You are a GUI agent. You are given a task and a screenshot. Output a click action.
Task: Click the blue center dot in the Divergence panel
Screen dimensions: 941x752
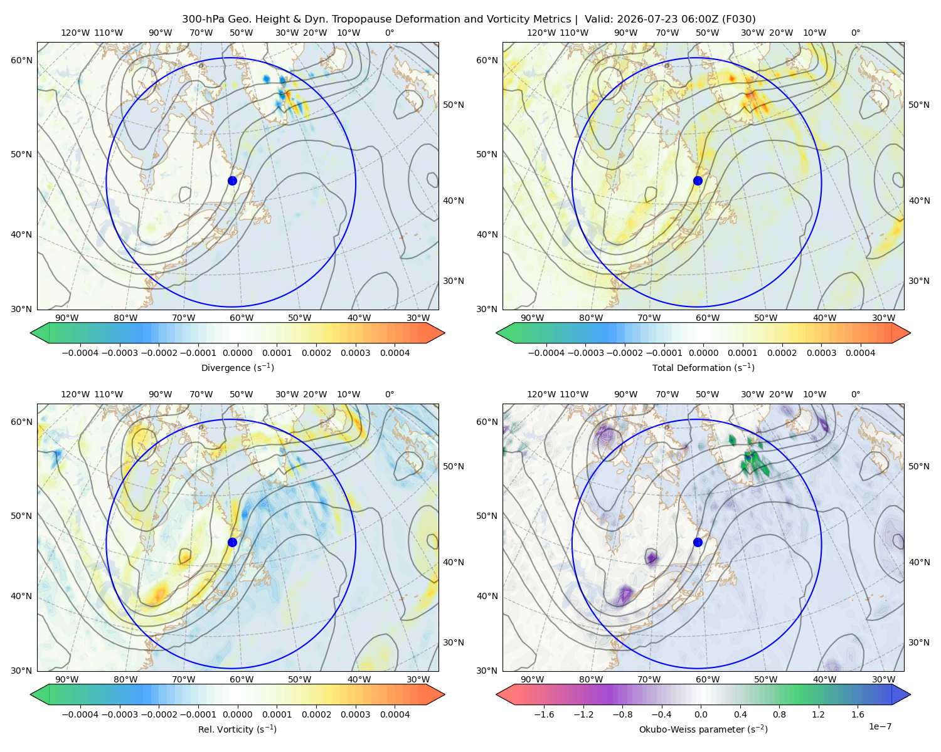(x=232, y=181)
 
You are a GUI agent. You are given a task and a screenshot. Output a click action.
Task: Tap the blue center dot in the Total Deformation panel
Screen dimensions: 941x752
(x=698, y=181)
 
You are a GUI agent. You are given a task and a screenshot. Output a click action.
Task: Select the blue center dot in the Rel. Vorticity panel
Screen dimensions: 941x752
(x=232, y=542)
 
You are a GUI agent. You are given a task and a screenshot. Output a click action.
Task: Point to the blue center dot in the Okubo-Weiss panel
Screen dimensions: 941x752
(x=698, y=542)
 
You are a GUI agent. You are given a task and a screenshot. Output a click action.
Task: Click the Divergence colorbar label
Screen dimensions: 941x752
(x=237, y=368)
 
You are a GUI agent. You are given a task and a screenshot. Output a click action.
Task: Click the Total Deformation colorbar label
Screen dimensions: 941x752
(x=703, y=368)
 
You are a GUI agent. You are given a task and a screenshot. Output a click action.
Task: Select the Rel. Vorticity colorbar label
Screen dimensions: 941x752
(x=237, y=729)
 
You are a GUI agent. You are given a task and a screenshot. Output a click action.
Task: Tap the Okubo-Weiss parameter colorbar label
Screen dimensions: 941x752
(x=703, y=729)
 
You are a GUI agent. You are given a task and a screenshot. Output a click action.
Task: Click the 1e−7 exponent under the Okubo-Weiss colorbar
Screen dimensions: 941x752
(x=880, y=726)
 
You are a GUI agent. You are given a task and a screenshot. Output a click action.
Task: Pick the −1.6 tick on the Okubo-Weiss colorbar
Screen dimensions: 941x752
(x=544, y=714)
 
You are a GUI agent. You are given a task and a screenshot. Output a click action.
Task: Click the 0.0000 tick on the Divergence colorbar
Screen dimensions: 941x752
(x=237, y=353)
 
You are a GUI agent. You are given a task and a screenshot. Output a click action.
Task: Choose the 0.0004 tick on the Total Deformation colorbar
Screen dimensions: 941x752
(x=860, y=353)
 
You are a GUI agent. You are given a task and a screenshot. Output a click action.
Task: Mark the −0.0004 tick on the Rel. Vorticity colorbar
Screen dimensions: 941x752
(x=80, y=714)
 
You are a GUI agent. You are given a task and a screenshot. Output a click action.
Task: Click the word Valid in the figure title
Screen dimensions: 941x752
(x=597, y=19)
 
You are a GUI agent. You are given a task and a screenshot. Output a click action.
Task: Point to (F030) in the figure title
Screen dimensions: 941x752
(x=739, y=19)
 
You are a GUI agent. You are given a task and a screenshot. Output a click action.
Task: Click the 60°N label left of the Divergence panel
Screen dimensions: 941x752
(x=21, y=60)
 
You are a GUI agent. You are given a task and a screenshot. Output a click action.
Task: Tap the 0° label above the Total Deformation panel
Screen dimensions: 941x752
(x=856, y=33)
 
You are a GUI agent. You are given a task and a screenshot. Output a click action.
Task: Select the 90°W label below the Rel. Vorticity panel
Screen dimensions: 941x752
(x=67, y=679)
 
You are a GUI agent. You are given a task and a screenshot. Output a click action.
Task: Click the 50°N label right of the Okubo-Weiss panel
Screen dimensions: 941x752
(x=919, y=466)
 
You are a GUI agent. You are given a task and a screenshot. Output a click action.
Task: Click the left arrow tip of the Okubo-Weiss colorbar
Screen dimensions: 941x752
(x=496, y=694)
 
